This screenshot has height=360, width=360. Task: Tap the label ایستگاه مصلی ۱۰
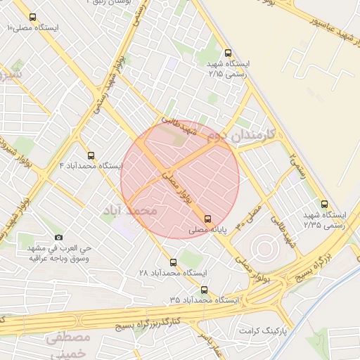tap(33, 28)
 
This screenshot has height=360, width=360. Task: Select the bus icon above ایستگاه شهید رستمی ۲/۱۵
tap(227, 53)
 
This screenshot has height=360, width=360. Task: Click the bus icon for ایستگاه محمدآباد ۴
tap(91, 155)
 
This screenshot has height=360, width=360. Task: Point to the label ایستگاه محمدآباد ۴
tap(91, 166)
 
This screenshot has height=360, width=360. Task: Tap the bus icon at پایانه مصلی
tap(207, 219)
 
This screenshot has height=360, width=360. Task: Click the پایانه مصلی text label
tap(208, 230)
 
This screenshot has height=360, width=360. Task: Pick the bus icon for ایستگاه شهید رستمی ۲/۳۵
tap(323, 204)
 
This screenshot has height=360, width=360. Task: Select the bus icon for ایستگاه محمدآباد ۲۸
tap(174, 262)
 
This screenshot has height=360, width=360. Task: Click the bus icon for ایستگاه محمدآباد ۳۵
tap(205, 290)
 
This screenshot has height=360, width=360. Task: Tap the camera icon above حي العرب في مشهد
tap(58, 238)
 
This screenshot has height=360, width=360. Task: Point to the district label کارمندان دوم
tap(241, 136)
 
